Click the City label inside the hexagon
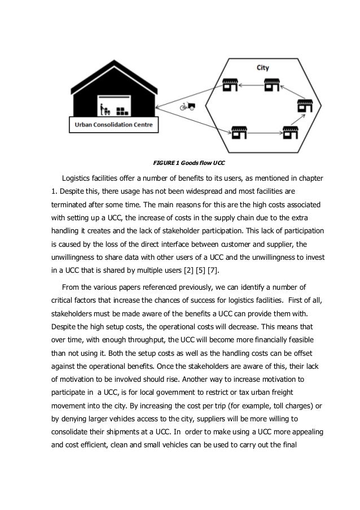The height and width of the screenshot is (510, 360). pyautogui.click(x=262, y=68)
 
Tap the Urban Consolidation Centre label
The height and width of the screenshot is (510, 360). pyautogui.click(x=114, y=124)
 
